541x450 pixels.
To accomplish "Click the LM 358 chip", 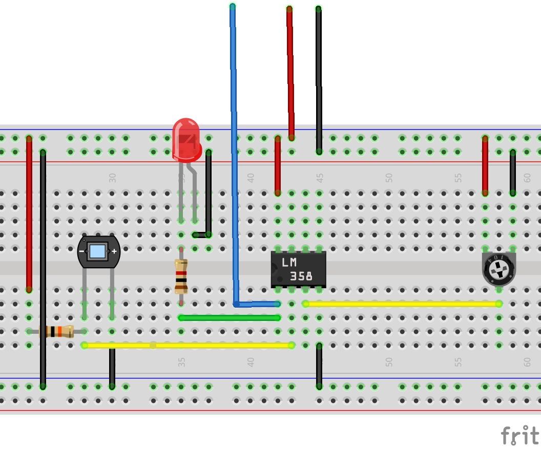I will (x=298, y=269).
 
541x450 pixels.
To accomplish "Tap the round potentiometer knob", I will (x=498, y=269).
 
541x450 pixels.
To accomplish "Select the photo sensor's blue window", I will (x=97, y=251).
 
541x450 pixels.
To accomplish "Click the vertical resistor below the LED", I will (x=181, y=276).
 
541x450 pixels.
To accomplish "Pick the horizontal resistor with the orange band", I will (x=59, y=332).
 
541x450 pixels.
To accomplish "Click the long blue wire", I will (x=234, y=154).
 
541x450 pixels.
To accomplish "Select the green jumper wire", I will (x=229, y=318).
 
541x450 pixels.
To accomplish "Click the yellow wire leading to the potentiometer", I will (x=402, y=304).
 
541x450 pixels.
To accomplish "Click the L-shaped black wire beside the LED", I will (x=209, y=195).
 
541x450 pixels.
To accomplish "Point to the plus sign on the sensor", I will (x=114, y=251).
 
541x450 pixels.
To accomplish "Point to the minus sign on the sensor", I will (x=82, y=251).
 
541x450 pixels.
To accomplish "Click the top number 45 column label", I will (x=320, y=178).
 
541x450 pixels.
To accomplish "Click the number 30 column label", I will (x=112, y=178).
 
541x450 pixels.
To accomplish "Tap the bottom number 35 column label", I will (x=181, y=362).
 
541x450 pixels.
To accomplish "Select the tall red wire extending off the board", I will (x=290, y=72).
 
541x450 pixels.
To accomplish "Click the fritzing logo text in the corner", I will (x=519, y=436).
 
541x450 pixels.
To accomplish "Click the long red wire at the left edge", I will (x=29, y=215).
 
